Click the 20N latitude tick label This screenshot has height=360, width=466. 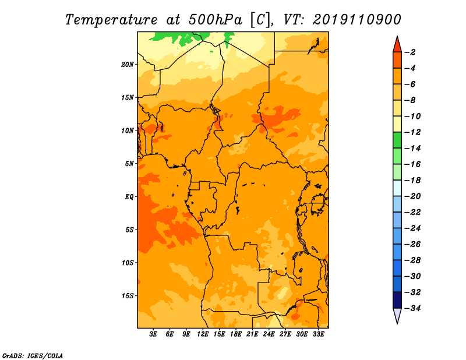pyautogui.click(x=128, y=65)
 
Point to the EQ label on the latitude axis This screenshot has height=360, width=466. pyautogui.click(x=129, y=197)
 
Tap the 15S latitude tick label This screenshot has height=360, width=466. pyautogui.click(x=128, y=296)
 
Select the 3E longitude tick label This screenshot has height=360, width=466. pyautogui.click(x=153, y=334)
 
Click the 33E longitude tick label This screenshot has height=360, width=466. pyautogui.click(x=318, y=334)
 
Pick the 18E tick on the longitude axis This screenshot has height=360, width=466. pyautogui.click(x=236, y=334)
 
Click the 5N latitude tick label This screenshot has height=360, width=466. pyautogui.click(x=129, y=164)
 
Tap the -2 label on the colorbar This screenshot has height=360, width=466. pyautogui.click(x=411, y=52)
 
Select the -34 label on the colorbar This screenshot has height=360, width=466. pyautogui.click(x=412, y=308)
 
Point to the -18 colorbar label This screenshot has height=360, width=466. pyautogui.click(x=412, y=180)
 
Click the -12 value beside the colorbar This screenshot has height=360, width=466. pyautogui.click(x=412, y=132)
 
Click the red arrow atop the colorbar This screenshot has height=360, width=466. pyautogui.click(x=397, y=44)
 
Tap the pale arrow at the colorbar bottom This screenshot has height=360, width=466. pyautogui.click(x=397, y=316)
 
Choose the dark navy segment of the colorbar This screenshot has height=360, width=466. pyautogui.click(x=397, y=300)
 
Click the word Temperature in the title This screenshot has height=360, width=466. pyautogui.click(x=111, y=20)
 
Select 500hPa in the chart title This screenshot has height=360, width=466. pyautogui.click(x=216, y=20)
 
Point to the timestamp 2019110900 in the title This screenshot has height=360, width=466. pyautogui.click(x=357, y=20)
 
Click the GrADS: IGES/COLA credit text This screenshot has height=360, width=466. pyautogui.click(x=33, y=356)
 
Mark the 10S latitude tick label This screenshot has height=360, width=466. pyautogui.click(x=128, y=263)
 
